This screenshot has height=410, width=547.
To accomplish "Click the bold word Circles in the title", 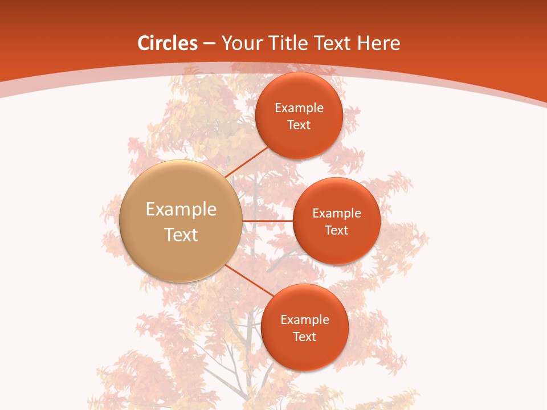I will coord(167,43).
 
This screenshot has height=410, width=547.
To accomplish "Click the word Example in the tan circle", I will coord(181,210).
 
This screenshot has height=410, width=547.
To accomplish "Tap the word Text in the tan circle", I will coord(181,235).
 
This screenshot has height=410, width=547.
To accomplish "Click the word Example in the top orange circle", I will coord(299,108).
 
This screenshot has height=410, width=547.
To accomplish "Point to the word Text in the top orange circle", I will coord(299,125).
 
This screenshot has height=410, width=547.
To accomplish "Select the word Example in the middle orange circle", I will coord(337,214).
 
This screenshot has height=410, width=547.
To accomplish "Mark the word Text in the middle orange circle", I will coord(337,231).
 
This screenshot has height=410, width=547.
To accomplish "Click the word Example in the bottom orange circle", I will coord(305,320).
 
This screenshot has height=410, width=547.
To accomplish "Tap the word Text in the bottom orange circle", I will coord(305,337).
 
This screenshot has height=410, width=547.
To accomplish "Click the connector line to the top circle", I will coord(247,162).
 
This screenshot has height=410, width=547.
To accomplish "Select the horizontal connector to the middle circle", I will coord(267,221).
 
